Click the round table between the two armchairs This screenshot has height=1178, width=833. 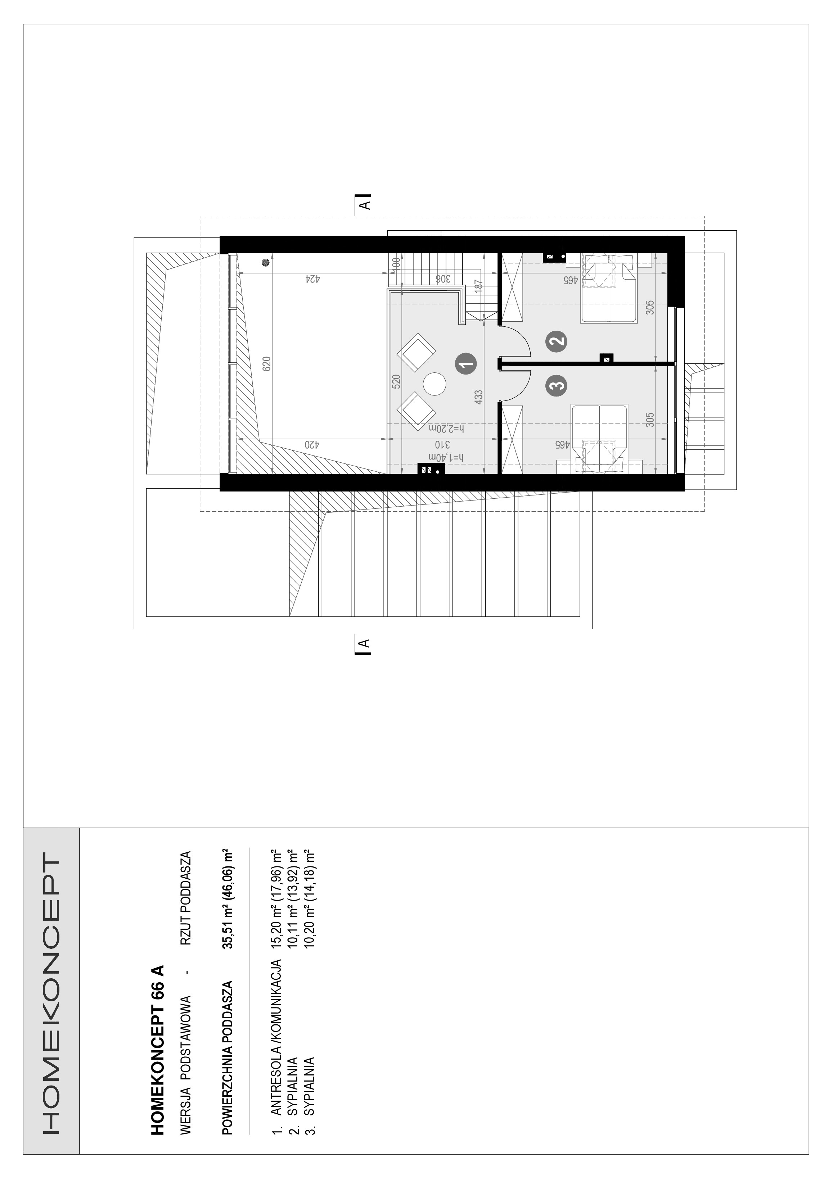pyautogui.click(x=434, y=383)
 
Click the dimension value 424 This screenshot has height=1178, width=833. pyautogui.click(x=312, y=280)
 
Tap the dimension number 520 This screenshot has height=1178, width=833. pyautogui.click(x=396, y=382)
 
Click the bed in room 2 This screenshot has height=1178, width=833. pyautogui.click(x=608, y=290)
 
